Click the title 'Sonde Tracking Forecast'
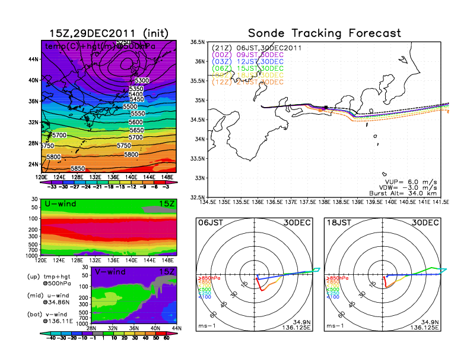pos(324,33)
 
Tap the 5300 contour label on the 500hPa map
pos(142,80)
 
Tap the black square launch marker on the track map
pos(326,107)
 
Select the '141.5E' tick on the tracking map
pos(440,202)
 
